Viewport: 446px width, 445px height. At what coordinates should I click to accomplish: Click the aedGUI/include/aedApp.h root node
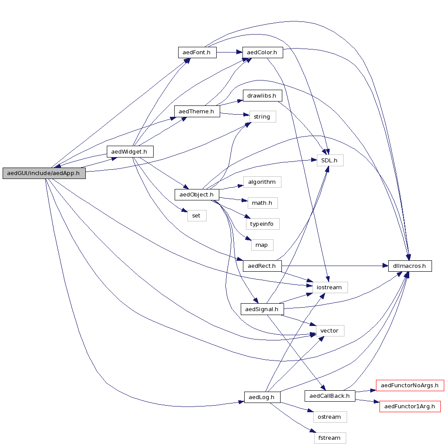tap(43, 173)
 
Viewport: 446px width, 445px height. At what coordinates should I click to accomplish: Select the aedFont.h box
tap(197, 53)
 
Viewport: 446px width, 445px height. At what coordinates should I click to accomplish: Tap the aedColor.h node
tap(262, 53)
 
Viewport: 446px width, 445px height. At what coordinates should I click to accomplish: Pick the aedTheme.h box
tap(197, 111)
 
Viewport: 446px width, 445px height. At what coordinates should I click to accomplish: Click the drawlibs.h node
tap(262, 95)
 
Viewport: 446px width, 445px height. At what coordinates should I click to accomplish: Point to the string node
tap(262, 116)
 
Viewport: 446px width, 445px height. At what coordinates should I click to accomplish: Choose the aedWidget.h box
tap(130, 152)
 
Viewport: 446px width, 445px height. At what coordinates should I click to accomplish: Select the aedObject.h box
tap(197, 194)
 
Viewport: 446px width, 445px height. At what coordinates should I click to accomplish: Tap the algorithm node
tap(262, 182)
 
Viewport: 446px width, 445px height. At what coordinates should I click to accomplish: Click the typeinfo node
tap(262, 224)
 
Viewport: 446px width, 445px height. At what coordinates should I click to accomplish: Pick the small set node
tap(197, 215)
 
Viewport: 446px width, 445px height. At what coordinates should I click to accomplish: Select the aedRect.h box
tap(262, 266)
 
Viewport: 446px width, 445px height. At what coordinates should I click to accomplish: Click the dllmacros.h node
tap(410, 266)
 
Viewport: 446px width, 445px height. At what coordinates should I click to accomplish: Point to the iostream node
tap(329, 287)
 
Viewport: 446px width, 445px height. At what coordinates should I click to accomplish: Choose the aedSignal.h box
tap(262, 309)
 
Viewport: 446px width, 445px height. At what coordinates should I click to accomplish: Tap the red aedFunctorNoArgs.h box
tap(410, 385)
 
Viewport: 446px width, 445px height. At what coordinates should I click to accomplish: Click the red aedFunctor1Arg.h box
tap(410, 406)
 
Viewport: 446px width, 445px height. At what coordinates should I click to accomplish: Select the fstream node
tap(330, 438)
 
